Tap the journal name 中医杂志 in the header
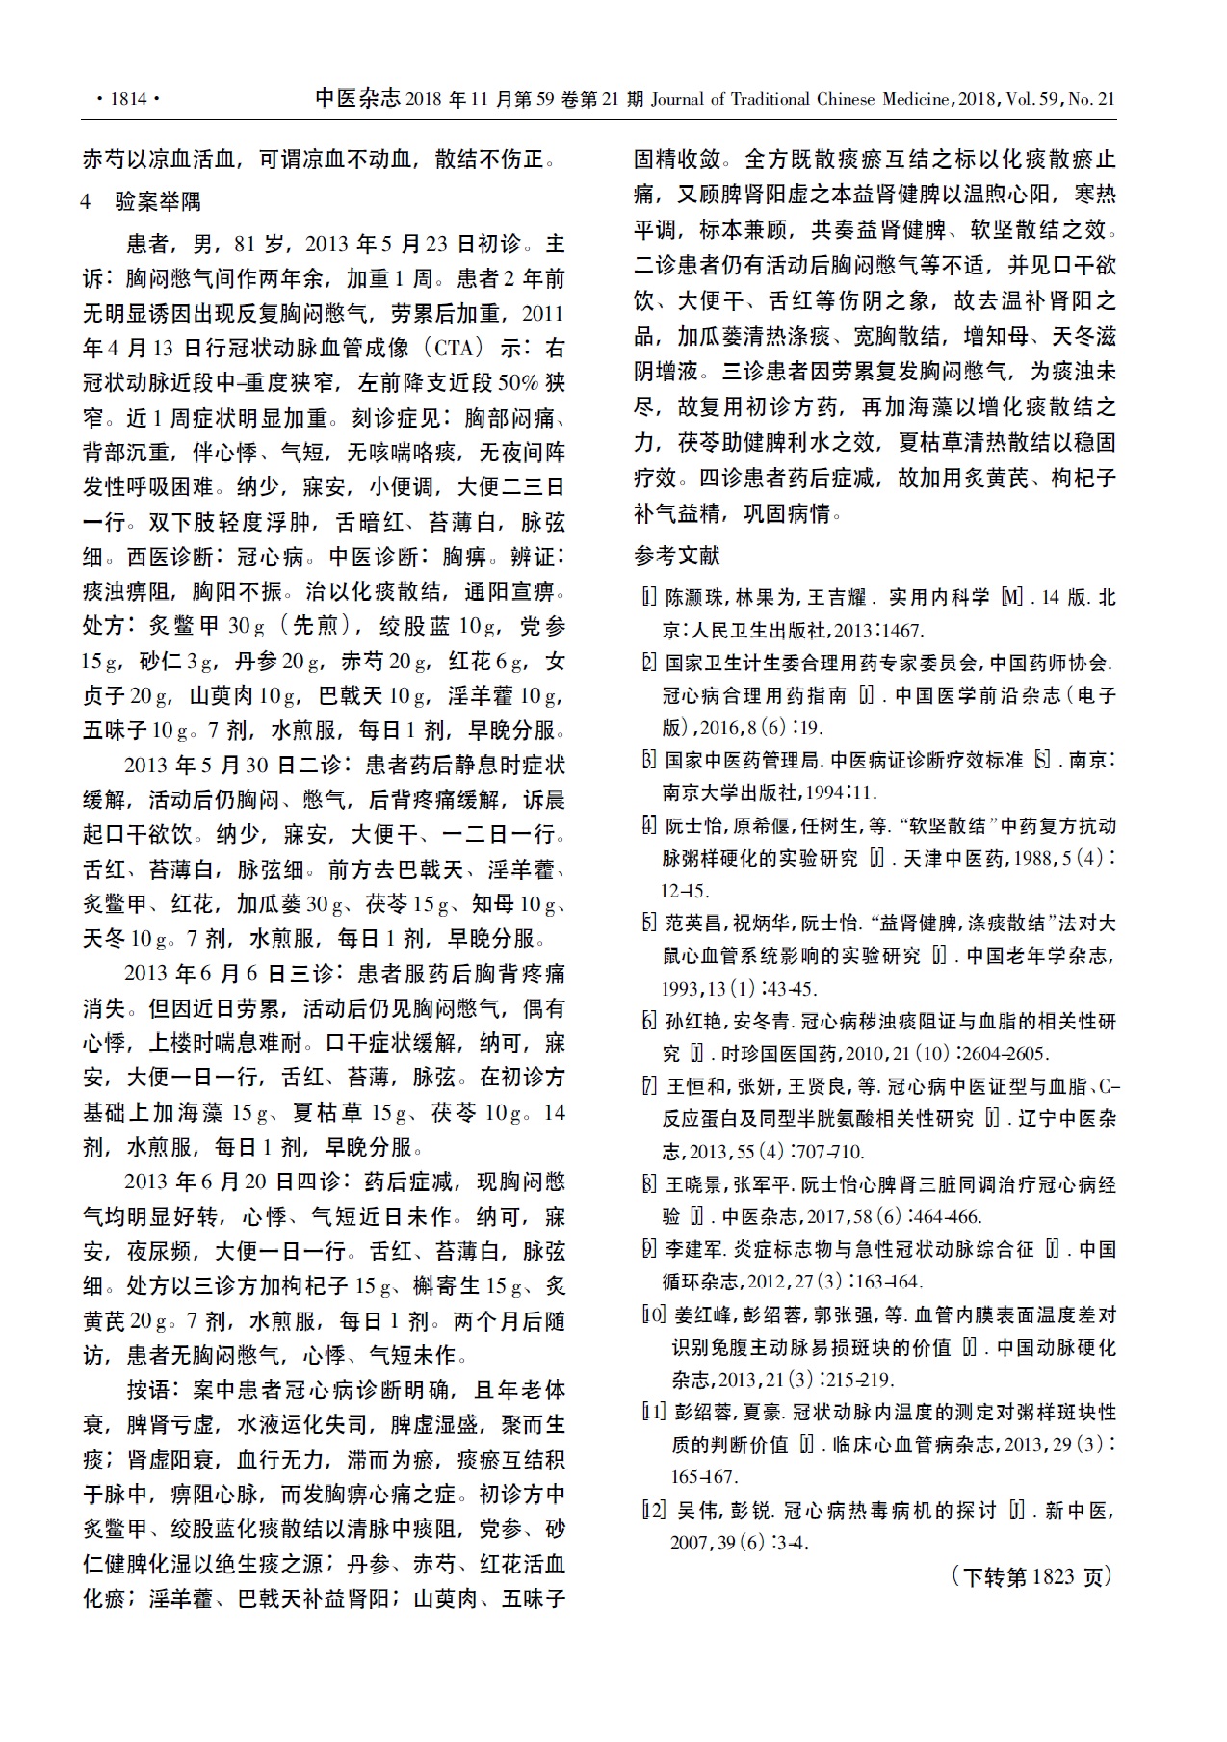[x=357, y=98]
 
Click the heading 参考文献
[x=676, y=556]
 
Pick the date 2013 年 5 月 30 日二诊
[x=234, y=767]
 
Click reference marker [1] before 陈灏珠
[x=650, y=598]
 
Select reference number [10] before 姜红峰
[x=654, y=1314]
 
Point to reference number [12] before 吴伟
[x=654, y=1510]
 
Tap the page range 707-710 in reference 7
[x=834, y=1152]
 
